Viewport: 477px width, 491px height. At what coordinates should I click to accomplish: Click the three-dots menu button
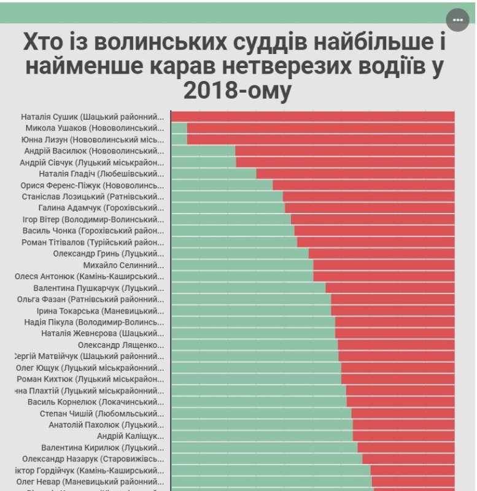point(457,20)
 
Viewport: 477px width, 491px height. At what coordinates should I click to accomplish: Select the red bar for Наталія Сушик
point(312,117)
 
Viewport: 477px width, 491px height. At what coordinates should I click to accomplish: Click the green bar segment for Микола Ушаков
point(179,128)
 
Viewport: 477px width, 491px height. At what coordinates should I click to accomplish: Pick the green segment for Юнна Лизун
point(179,139)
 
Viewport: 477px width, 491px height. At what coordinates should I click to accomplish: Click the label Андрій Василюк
point(94,150)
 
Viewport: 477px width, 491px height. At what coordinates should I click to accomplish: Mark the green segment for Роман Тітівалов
point(234,242)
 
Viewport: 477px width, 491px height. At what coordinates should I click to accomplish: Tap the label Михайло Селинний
point(123,265)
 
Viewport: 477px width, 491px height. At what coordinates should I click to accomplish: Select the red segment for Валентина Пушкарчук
point(390,288)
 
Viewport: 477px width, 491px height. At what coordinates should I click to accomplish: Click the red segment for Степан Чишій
point(403,414)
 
